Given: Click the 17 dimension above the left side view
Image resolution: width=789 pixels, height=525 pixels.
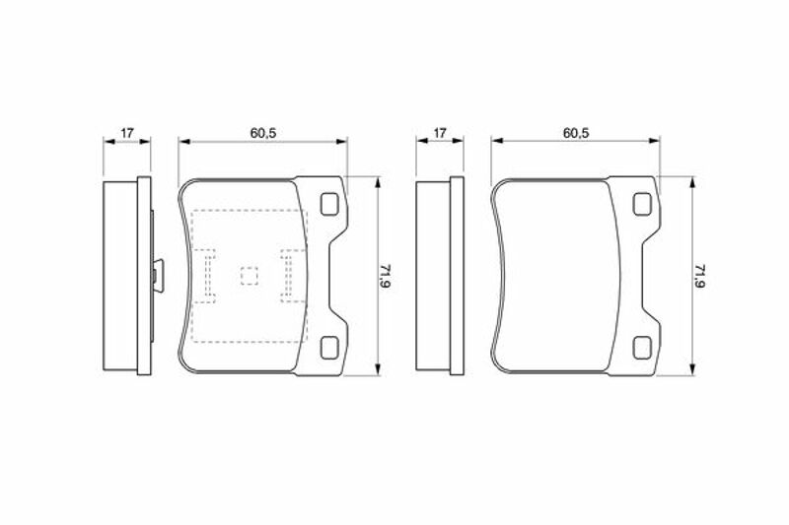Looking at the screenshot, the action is tap(127, 133).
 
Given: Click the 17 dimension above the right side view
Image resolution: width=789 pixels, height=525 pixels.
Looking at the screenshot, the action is tap(440, 133).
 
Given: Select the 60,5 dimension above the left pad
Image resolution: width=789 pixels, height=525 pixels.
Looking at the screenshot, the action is tap(263, 133).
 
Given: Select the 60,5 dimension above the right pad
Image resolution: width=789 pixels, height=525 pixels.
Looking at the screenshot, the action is tap(576, 133).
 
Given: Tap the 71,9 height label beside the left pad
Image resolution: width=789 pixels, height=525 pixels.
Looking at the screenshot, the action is tap(386, 277).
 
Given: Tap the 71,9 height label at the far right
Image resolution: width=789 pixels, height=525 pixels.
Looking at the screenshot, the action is tap(699, 277).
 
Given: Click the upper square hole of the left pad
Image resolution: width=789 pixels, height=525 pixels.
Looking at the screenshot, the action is tap(329, 205).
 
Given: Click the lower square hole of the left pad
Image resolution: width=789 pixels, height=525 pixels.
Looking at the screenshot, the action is tap(329, 348).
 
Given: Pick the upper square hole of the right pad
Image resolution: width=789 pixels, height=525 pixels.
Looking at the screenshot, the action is tap(643, 205).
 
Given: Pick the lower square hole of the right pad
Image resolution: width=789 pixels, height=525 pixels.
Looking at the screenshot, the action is tap(643, 348).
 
